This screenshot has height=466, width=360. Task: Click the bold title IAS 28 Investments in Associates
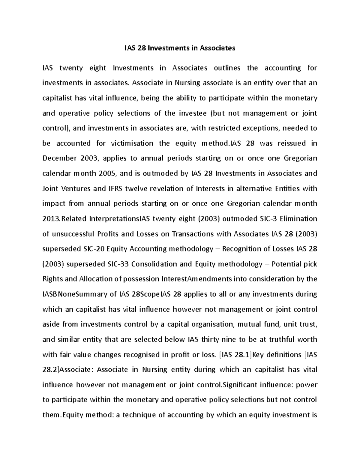pos(180,48)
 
